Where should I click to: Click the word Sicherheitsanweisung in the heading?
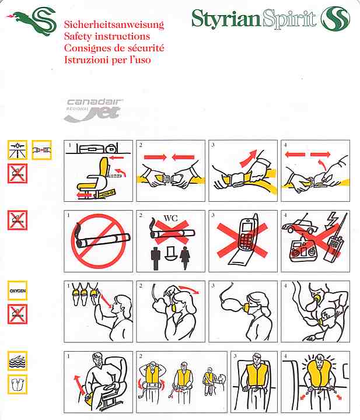pos(114,24)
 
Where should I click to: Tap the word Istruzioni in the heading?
pos(85,60)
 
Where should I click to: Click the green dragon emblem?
pos(32,22)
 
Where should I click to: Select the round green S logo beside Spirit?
pos(335,18)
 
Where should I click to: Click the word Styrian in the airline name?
pos(226,18)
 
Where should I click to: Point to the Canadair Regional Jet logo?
pos(93,110)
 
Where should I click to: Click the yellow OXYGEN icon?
pos(18,290)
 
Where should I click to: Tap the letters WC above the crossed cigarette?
pos(170,218)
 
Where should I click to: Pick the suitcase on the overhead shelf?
pos(92,149)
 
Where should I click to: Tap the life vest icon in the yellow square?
pos(18,384)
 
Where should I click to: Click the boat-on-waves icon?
pos(18,361)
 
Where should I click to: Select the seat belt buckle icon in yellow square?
pos(41,150)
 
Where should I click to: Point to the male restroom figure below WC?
pos(156,258)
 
